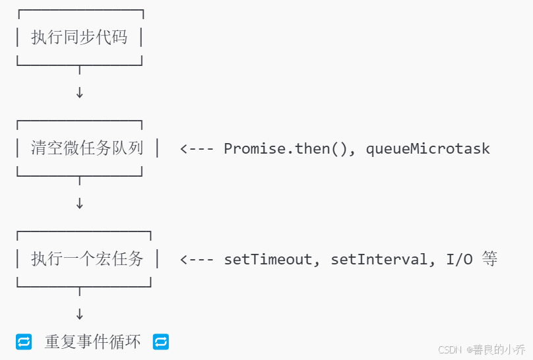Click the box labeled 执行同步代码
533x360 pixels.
[x=79, y=37]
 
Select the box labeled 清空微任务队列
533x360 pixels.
[x=87, y=148]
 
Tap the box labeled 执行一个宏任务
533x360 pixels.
[x=87, y=258]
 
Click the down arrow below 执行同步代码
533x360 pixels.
[x=80, y=93]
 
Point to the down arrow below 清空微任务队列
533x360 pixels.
[x=80, y=204]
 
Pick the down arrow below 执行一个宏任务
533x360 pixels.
[x=80, y=315]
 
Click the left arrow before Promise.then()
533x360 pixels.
[x=196, y=148]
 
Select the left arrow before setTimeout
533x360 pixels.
[x=196, y=259]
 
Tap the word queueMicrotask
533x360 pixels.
[x=428, y=148]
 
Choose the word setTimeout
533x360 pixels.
[x=267, y=259]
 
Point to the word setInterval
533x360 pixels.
[x=379, y=259]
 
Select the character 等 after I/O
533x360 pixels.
[x=489, y=258]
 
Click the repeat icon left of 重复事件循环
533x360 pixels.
[x=24, y=342]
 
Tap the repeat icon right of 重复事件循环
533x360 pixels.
[x=161, y=342]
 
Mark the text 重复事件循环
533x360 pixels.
[x=92, y=342]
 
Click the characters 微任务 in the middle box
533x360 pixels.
[x=87, y=148]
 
